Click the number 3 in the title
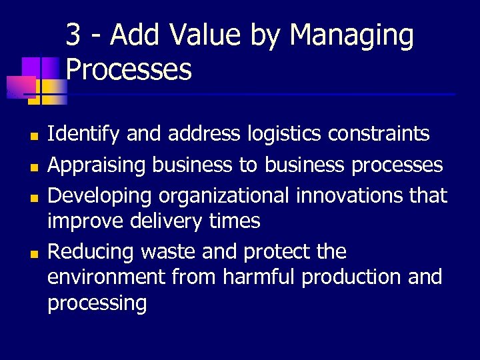coord(75,35)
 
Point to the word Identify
coord(84,135)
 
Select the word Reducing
coord(91,251)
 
